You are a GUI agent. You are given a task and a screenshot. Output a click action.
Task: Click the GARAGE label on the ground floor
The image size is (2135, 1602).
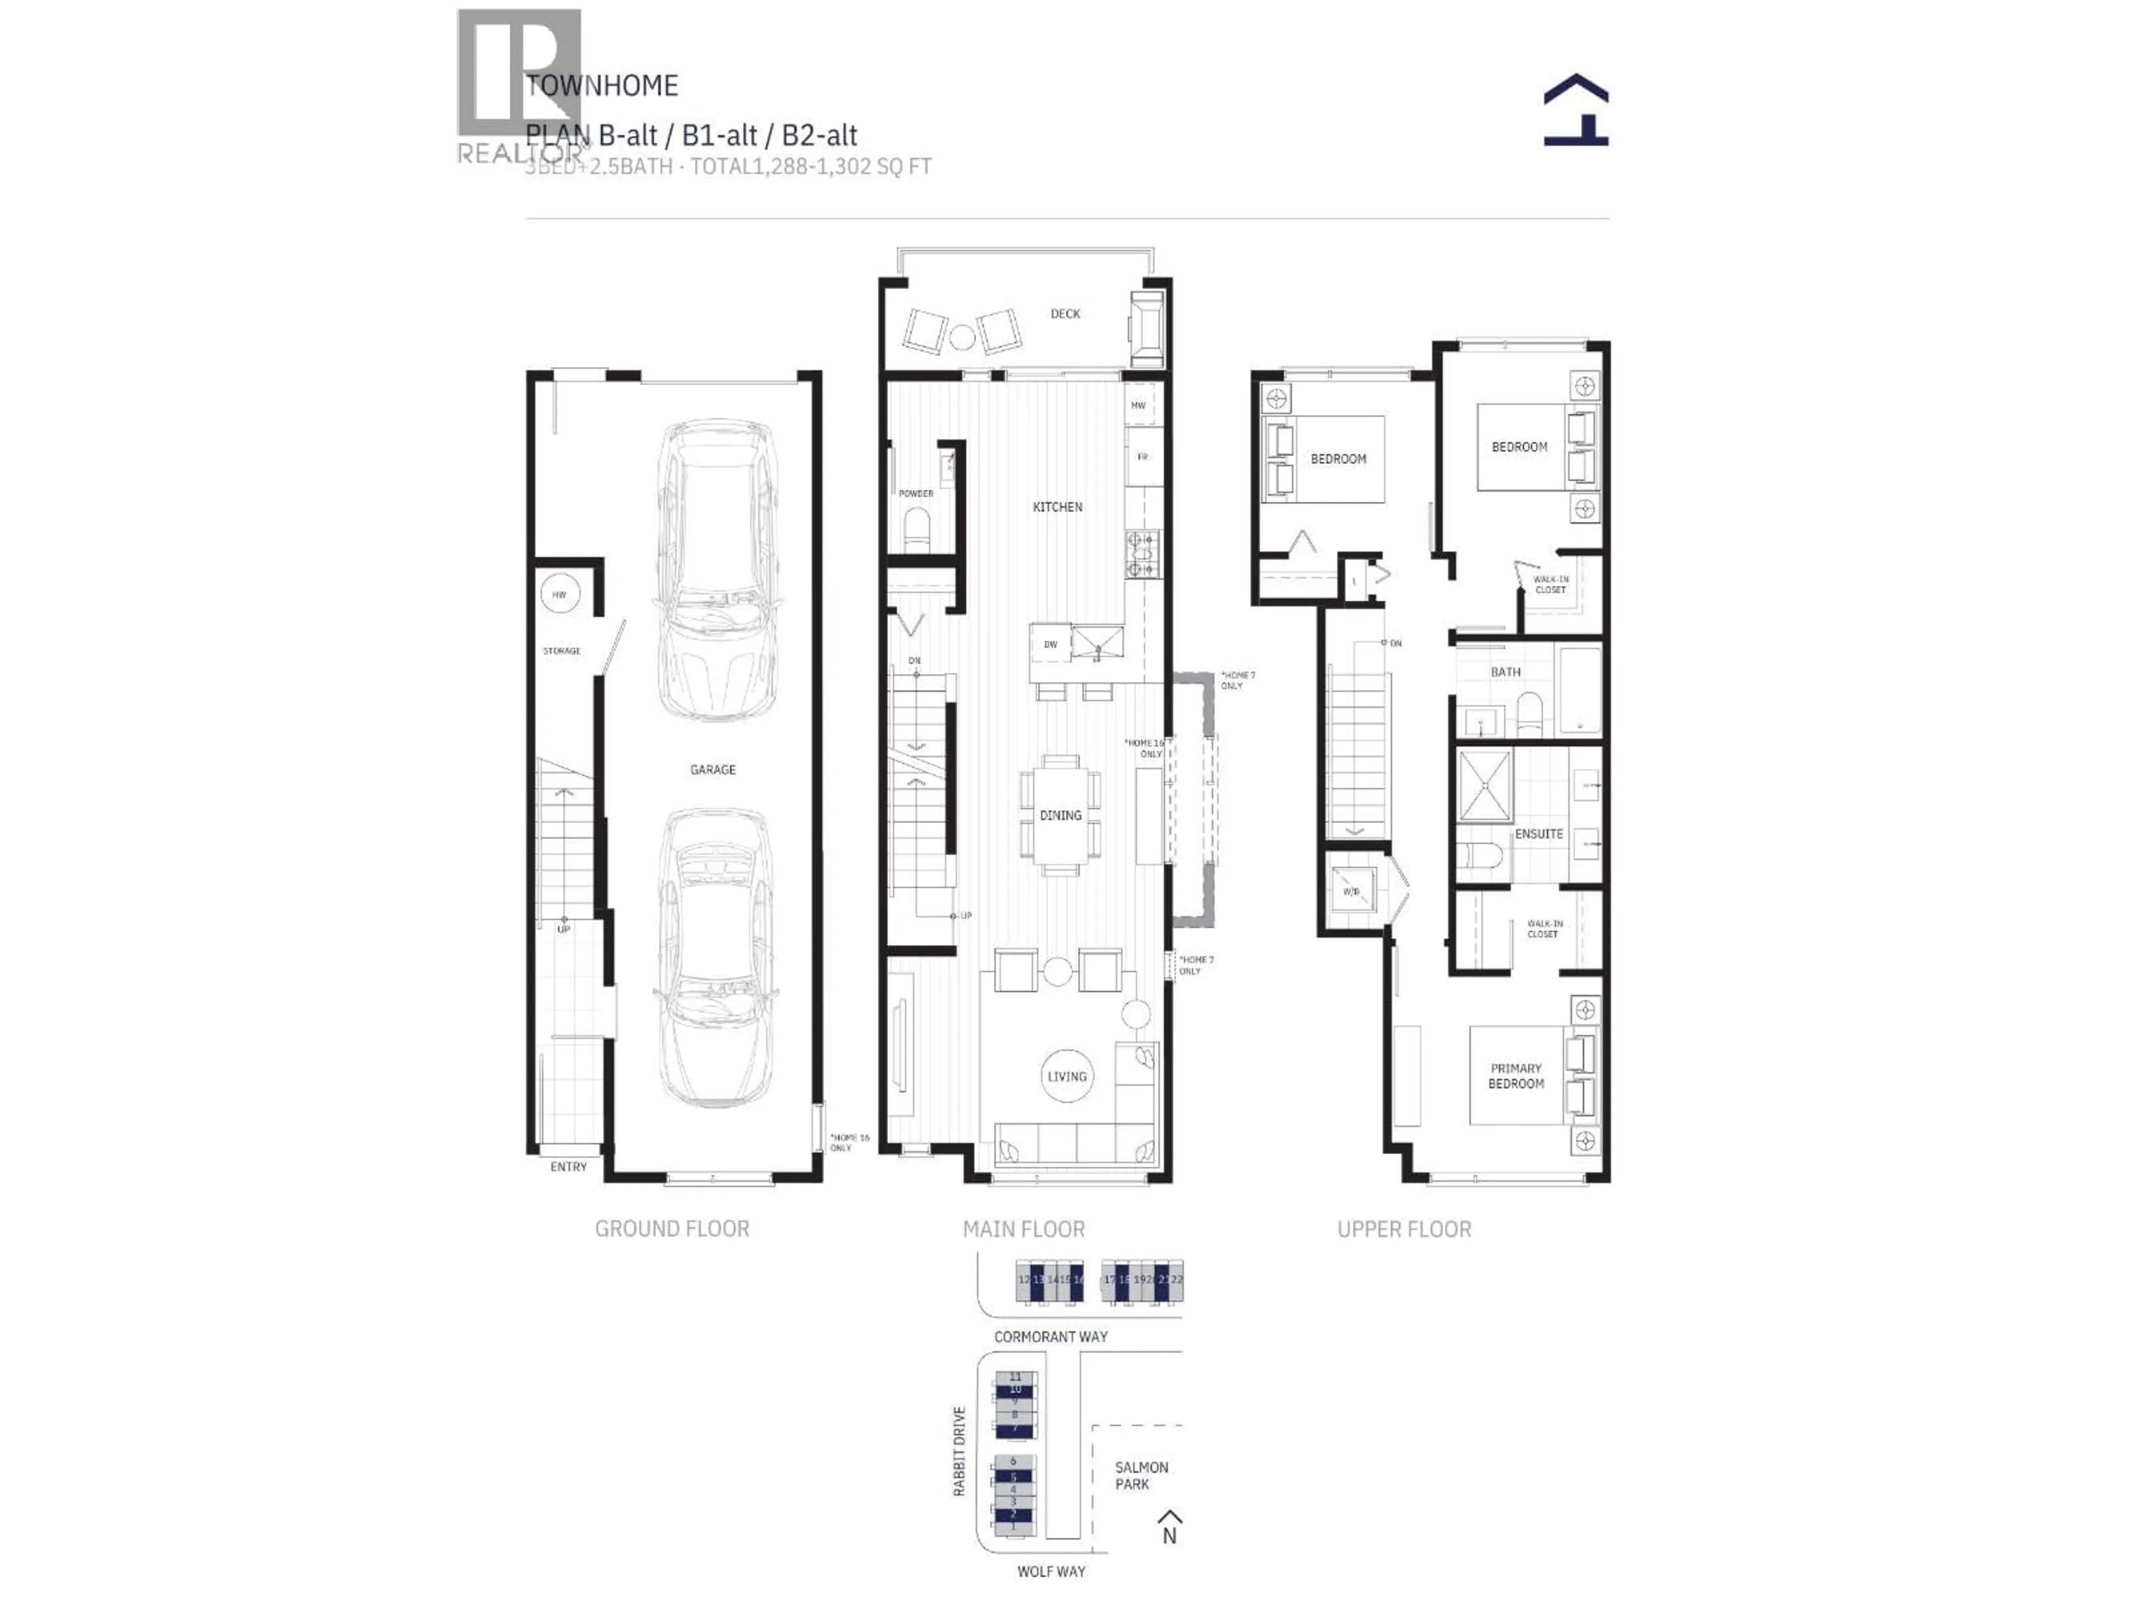tap(712, 770)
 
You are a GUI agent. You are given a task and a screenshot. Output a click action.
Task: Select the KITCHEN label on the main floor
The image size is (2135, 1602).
tap(1057, 507)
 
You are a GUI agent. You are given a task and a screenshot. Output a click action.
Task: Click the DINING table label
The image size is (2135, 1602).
tap(1060, 815)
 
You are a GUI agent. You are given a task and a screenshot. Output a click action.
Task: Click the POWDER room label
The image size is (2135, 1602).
tap(916, 493)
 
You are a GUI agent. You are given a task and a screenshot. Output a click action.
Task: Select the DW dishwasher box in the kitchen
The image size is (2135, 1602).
tap(1050, 644)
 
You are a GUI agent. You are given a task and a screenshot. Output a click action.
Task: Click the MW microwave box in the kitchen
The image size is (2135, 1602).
tap(1138, 406)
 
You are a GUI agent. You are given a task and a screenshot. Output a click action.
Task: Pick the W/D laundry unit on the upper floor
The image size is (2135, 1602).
tap(1351, 891)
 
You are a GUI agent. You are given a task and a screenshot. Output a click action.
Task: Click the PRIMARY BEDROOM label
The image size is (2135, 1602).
tap(1515, 1076)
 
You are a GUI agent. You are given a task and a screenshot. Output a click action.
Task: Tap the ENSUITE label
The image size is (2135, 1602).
tap(1538, 833)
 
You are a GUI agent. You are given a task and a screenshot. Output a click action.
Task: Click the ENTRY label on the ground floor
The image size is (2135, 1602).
tap(568, 1166)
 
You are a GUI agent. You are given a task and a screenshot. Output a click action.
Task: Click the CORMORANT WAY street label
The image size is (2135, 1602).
tap(1050, 1337)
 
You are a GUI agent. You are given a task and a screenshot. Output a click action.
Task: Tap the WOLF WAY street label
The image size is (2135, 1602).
tap(1050, 1571)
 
